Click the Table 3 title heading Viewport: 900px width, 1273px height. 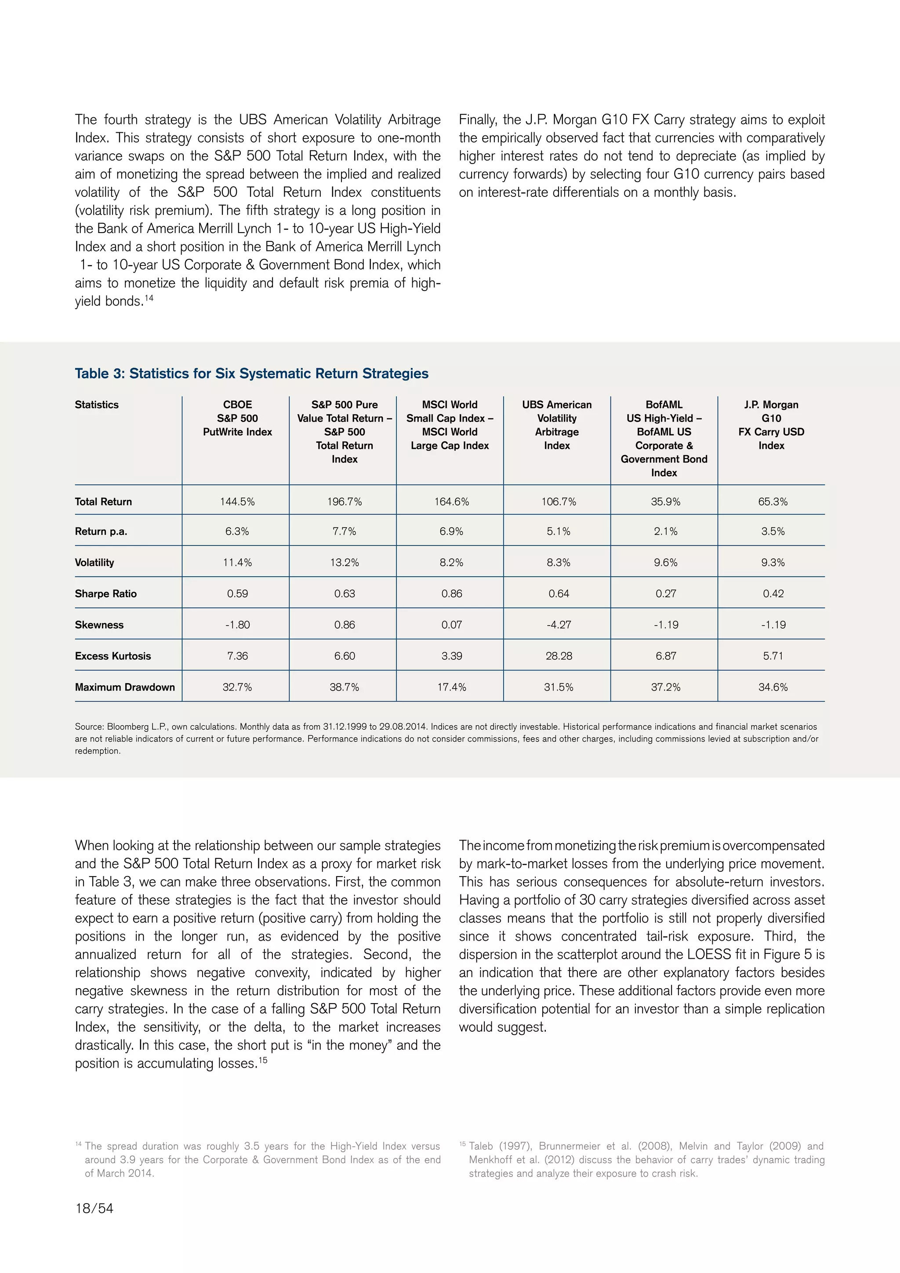252,373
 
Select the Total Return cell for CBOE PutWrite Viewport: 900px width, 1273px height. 237,501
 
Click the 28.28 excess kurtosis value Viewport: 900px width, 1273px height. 559,656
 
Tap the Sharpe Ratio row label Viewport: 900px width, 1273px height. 106,593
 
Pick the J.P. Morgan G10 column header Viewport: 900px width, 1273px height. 771,425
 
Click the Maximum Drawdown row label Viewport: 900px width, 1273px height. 125,687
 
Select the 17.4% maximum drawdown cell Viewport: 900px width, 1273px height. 451,687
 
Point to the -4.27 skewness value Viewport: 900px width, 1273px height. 559,625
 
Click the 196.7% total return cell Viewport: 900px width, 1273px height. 344,501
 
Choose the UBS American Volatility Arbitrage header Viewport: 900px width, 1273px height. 556,425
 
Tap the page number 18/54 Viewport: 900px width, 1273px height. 94,1208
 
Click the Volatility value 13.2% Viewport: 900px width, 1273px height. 344,562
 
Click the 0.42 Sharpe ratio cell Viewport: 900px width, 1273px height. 773,593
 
